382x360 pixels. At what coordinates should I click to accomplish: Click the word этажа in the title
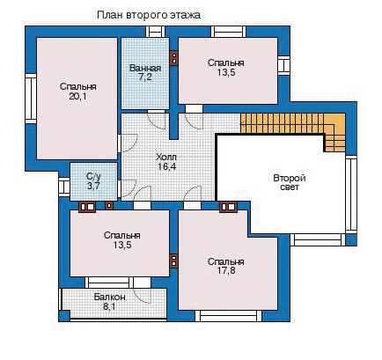point(186,15)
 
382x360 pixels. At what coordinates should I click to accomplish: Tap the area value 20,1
point(78,96)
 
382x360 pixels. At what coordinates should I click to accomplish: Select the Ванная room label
point(145,69)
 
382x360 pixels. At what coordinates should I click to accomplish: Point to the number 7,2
point(145,77)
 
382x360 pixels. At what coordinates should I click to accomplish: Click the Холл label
point(166,157)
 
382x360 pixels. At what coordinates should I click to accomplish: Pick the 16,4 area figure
point(166,166)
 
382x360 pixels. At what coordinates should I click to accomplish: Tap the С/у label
point(93,176)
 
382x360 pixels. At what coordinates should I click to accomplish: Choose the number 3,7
point(93,186)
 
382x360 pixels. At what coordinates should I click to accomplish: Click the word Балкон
point(110,298)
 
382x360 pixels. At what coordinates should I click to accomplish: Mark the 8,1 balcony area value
point(109,307)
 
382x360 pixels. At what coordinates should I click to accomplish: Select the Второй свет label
point(290,182)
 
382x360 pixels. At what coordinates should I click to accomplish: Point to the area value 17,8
point(226,270)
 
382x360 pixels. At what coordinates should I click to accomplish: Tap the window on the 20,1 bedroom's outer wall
point(30,99)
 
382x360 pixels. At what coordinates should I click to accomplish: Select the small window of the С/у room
point(64,187)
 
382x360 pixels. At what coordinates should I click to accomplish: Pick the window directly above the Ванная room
point(156,32)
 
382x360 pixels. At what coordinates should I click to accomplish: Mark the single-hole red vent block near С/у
point(109,206)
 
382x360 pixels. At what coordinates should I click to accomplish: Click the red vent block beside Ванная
point(174,58)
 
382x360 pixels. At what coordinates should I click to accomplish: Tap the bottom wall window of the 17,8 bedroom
point(228,316)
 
